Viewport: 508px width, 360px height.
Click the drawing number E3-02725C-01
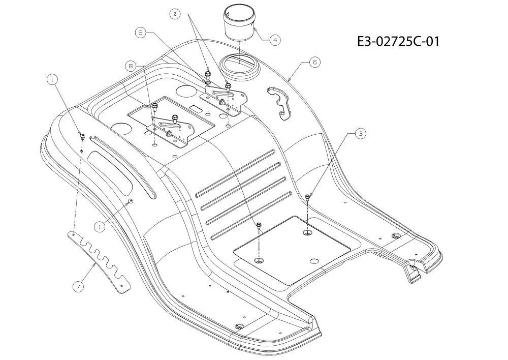[398, 42]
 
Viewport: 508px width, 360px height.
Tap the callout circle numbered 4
[275, 40]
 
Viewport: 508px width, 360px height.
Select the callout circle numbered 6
[314, 62]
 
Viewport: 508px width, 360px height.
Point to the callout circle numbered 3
[360, 133]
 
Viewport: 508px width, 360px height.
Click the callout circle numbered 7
[78, 286]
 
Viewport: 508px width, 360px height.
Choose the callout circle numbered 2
[175, 14]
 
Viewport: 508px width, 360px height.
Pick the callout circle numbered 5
[140, 33]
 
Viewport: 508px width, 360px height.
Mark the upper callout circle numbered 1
[52, 79]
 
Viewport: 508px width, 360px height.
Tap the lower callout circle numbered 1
[100, 227]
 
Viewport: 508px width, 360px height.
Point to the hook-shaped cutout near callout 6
[280, 103]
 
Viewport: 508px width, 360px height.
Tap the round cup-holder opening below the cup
[239, 66]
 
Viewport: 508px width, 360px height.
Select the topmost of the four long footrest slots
[236, 173]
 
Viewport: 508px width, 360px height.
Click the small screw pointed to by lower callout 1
[131, 201]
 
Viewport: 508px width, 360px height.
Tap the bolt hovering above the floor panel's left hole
[259, 226]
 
